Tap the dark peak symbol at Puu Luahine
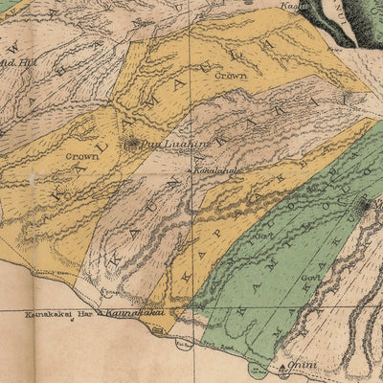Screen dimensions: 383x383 point(132,145)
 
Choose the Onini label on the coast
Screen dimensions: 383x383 point(303,365)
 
